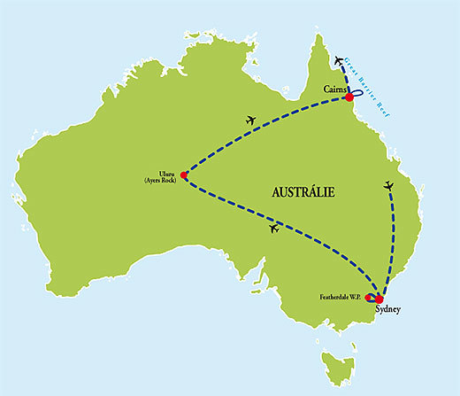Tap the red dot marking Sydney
(x=379, y=299)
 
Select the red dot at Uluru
(x=183, y=175)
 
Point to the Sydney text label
(x=387, y=311)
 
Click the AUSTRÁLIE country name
(x=303, y=192)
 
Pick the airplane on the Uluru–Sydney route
(x=272, y=229)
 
